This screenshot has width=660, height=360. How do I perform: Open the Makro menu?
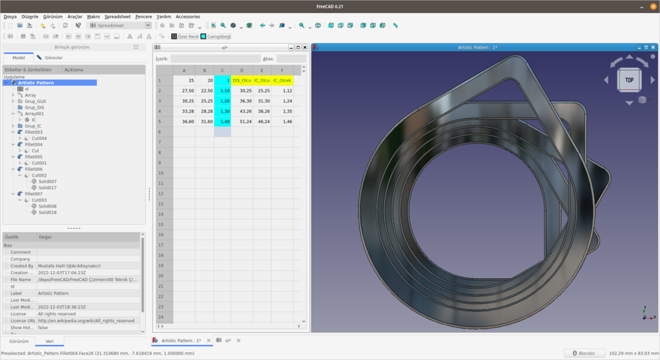pyautogui.click(x=93, y=16)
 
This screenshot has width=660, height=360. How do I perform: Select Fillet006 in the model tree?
pyautogui.click(x=34, y=169)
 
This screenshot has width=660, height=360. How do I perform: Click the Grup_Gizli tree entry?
pyautogui.click(x=35, y=101)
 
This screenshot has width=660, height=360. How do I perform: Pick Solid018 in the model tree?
pyautogui.click(x=47, y=212)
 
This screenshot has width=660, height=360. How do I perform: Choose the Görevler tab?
pyautogui.click(x=54, y=58)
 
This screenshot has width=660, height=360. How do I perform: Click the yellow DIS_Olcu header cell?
pyautogui.click(x=241, y=80)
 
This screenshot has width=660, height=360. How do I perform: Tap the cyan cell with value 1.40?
pyautogui.click(x=223, y=121)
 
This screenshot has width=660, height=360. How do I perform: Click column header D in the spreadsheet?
pyautogui.click(x=241, y=70)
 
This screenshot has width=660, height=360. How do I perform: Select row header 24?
pyautogui.click(x=160, y=317)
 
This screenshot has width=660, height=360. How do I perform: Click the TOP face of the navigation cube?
pyautogui.click(x=629, y=80)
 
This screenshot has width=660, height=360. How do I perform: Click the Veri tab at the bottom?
pyautogui.click(x=49, y=341)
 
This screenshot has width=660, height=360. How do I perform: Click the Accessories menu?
pyautogui.click(x=188, y=16)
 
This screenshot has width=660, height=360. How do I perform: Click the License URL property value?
pyautogui.click(x=88, y=321)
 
